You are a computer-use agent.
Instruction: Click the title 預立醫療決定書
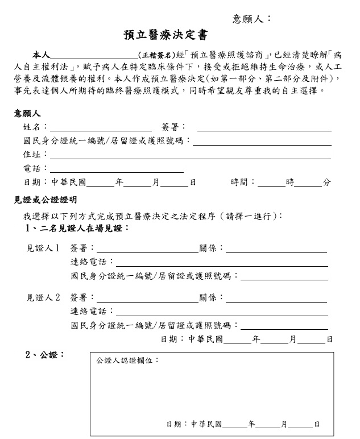pos(165,36)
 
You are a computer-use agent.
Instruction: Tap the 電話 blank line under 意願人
pos(117,170)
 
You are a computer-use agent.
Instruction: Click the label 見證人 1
pos(43,249)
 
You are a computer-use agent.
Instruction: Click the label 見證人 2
pos(43,297)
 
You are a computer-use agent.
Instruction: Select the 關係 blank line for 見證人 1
pos(276,250)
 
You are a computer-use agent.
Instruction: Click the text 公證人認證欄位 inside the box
pos(127,361)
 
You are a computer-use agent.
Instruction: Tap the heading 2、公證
pos(45,355)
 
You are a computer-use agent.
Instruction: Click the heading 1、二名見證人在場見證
pos(78,228)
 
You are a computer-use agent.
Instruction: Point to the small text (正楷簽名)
pos(157,55)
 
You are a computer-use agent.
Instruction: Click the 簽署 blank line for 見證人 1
pos(147,250)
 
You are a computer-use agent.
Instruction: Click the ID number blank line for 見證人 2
pos(284,328)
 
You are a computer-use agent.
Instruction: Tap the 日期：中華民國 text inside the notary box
pos(195,424)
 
